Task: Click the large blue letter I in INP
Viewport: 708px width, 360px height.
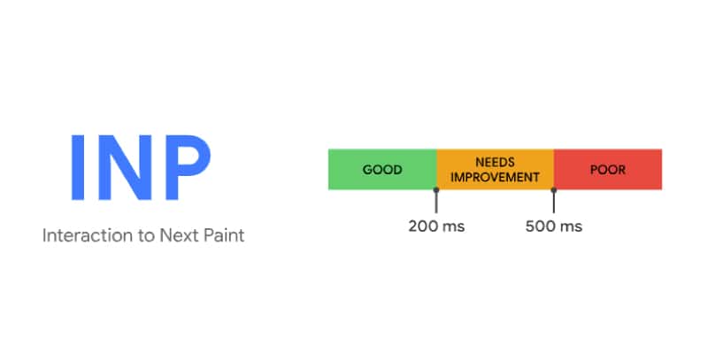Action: (79, 168)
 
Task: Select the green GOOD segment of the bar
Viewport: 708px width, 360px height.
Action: (382, 169)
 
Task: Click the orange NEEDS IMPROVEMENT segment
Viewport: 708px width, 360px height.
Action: (495, 169)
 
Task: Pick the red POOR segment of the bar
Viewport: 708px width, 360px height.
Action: (608, 169)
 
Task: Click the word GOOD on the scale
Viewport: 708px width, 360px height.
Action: (382, 169)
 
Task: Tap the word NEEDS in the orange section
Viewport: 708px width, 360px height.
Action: (495, 163)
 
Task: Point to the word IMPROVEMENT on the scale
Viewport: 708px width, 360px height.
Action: (495, 177)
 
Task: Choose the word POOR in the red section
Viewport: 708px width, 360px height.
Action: (607, 169)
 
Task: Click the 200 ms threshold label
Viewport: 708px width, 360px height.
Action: (436, 226)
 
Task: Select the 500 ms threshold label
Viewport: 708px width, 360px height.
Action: (554, 226)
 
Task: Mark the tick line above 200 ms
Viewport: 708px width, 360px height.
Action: (436, 200)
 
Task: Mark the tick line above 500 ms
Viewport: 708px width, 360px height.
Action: (554, 200)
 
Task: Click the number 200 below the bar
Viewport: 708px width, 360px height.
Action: (424, 226)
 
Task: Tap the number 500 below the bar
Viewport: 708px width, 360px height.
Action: (542, 226)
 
